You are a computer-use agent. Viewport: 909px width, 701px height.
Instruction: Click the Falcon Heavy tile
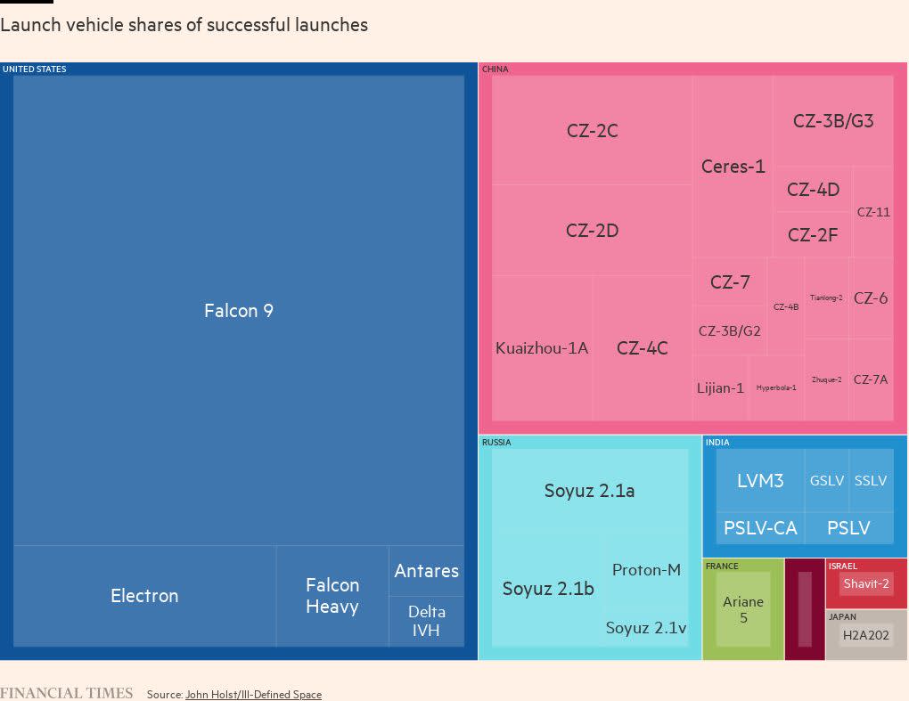coord(332,596)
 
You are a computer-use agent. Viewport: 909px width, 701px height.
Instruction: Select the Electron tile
coord(144,596)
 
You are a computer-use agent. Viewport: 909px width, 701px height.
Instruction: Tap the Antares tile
coord(426,571)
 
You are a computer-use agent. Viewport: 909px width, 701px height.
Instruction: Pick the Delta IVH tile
coord(426,622)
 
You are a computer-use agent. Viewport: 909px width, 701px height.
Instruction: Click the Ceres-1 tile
coord(733,167)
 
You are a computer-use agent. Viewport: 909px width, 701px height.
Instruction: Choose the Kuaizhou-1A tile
coord(542,348)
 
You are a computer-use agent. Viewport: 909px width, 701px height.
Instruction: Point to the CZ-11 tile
coord(873,212)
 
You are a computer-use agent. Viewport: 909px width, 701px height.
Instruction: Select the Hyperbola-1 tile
coord(776,388)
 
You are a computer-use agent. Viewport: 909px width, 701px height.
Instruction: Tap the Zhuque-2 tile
coord(826,379)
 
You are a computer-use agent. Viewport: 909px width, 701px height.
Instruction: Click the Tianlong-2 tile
coord(826,298)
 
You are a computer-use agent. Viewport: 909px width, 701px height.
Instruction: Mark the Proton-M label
coord(646,570)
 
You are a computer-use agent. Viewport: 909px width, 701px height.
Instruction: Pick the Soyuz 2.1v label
coord(646,628)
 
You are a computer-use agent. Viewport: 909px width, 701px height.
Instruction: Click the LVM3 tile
coord(760,481)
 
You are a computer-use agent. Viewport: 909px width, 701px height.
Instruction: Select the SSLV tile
coord(871,481)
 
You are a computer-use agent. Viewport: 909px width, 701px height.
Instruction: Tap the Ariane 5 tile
coord(743,609)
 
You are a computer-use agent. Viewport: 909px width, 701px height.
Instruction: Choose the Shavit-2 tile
coord(866,584)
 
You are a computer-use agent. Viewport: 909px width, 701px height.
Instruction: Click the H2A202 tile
coord(866,636)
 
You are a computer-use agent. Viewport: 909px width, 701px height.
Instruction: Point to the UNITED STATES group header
coord(34,69)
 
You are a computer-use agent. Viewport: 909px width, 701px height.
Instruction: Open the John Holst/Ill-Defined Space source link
coord(253,695)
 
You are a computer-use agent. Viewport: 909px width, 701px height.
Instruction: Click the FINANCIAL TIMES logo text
coord(67,694)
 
